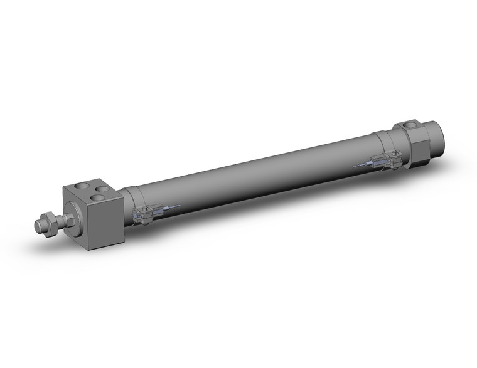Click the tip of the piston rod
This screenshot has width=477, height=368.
point(36,223)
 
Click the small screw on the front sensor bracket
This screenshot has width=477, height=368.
point(145,209)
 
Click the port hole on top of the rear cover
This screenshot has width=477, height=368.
point(411,125)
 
